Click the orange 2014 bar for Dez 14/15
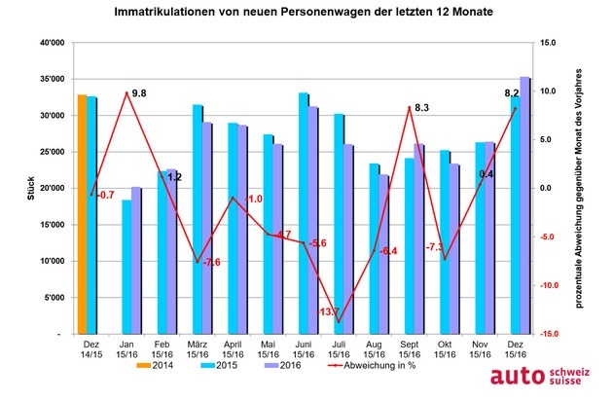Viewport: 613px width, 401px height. (82, 214)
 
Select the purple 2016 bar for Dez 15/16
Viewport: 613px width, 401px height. (525, 204)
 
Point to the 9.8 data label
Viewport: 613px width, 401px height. (138, 93)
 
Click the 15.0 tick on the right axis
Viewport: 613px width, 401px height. (547, 43)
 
